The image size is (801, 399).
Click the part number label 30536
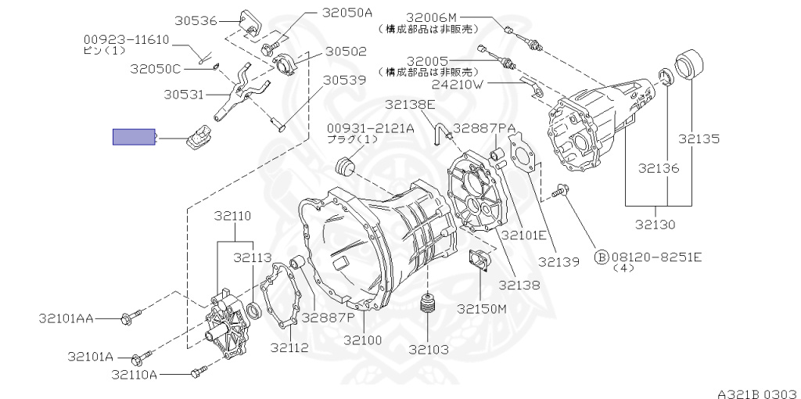coord(196,20)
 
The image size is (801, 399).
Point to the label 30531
coord(184,95)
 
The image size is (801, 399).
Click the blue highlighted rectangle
coord(134,138)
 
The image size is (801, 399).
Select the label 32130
coord(656,225)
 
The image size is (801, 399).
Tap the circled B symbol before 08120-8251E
coord(602,257)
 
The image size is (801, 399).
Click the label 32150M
coord(483,308)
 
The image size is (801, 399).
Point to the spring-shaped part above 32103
coord(427,307)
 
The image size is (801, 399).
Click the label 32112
coord(289,347)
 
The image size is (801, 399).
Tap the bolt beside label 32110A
coord(196,374)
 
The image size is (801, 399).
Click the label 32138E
coord(410,104)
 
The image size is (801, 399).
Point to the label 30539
coord(345,79)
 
